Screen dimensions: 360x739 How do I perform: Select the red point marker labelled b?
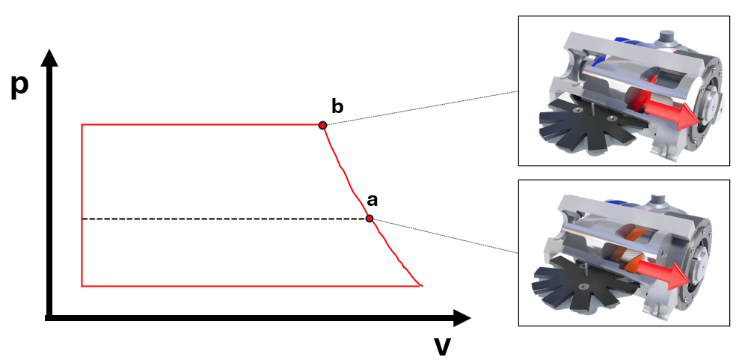coord(322,125)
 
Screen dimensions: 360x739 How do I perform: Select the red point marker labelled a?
coord(369,219)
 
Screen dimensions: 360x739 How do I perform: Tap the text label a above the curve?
coord(372,200)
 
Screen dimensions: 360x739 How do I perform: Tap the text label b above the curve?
coord(337,106)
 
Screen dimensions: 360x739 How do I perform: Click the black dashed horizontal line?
coord(224,219)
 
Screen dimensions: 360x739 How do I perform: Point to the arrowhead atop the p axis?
coord(49,58)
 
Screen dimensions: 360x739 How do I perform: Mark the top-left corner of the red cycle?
coord(82,125)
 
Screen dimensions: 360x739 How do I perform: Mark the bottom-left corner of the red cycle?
coord(82,285)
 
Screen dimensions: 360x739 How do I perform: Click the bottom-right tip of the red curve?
coord(423,285)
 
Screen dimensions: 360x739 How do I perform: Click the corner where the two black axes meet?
coord(49,318)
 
